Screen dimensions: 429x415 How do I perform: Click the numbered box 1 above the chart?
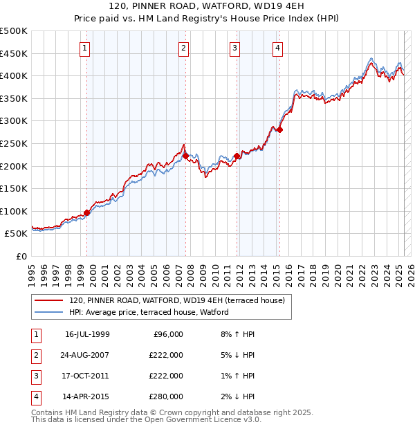pos(84,48)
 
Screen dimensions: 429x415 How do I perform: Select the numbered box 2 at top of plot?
pos(183,48)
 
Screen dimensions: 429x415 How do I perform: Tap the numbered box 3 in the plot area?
pos(234,48)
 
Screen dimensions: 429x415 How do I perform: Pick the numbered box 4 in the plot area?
pos(277,48)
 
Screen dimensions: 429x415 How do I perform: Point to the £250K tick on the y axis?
pos(14,143)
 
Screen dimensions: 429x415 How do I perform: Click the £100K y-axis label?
pos(14,211)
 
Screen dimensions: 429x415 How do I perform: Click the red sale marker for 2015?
pos(280,129)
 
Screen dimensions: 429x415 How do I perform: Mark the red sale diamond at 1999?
pos(87,212)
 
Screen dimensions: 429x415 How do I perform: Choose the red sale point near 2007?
pos(186,156)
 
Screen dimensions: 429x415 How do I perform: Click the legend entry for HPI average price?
pos(149,313)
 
